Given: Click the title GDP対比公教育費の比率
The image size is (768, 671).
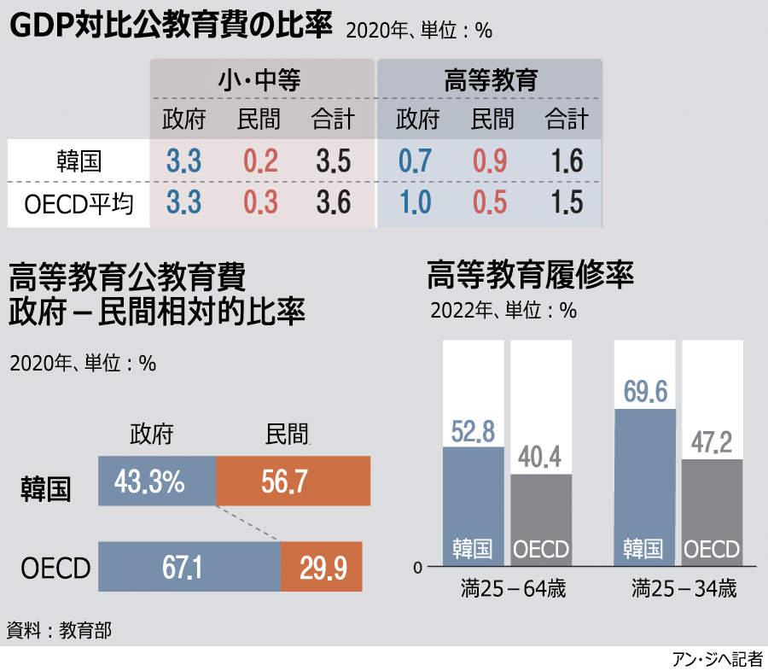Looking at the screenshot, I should pyautogui.click(x=170, y=26).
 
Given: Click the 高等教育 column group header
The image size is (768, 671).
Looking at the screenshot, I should pyautogui.click(x=491, y=80).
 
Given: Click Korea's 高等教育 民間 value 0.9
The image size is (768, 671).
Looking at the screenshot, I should pyautogui.click(x=490, y=160).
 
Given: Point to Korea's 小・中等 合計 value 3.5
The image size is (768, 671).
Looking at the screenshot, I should pyautogui.click(x=333, y=160).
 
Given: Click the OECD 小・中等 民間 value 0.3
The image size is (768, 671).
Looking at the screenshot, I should pyautogui.click(x=259, y=203).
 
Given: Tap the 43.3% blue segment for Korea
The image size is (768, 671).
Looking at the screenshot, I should pyautogui.click(x=157, y=481).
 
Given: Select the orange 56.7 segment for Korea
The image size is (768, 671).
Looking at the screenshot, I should pyautogui.click(x=293, y=481).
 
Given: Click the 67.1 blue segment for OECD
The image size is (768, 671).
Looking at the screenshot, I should pyautogui.click(x=189, y=567).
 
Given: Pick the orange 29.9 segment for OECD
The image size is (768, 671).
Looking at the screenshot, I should pyautogui.click(x=321, y=567).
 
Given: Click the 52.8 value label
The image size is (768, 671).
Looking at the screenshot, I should pyautogui.click(x=474, y=431).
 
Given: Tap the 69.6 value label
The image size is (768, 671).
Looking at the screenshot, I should pyautogui.click(x=645, y=392).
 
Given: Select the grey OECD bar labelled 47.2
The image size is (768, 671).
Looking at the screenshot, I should pyautogui.click(x=713, y=512).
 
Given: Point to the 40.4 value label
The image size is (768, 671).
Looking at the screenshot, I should pyautogui.click(x=540, y=458).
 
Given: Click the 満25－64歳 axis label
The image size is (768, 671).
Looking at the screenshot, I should pyautogui.click(x=507, y=589).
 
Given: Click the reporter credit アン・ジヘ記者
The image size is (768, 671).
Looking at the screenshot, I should pyautogui.click(x=717, y=659).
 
